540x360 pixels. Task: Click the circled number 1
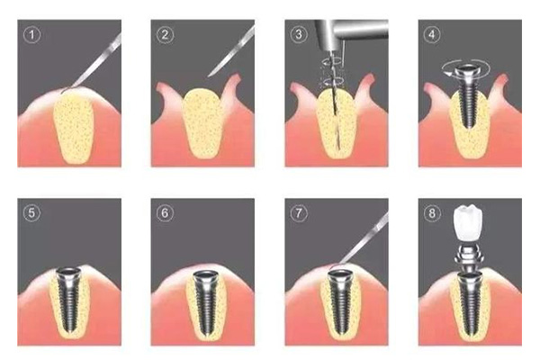point(32,35)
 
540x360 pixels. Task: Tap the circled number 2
point(165,35)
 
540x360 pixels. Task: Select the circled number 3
point(299,34)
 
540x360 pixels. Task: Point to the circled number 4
point(432,34)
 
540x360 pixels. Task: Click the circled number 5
point(31,213)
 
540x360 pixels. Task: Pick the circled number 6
point(165,213)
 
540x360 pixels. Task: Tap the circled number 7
point(298,213)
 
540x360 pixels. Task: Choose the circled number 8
point(432,213)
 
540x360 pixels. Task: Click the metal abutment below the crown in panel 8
point(467,257)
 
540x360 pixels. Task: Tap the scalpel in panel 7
point(360,241)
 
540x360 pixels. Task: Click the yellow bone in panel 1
point(74,128)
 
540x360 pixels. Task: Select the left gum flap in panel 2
point(170,100)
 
